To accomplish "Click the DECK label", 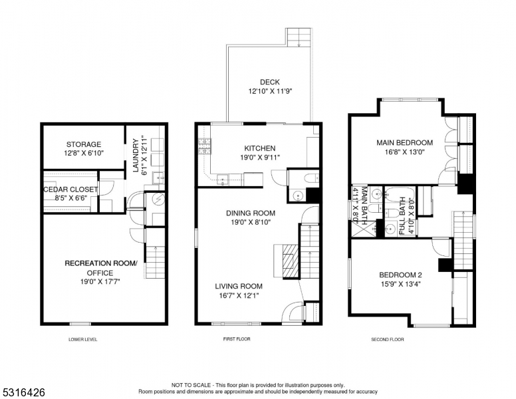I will [269, 82].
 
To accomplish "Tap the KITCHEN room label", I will [259, 148].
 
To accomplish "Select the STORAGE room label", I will [83, 144].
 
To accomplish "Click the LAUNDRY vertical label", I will [135, 156].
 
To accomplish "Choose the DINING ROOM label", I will [250, 213].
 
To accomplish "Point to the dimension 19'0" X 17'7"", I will [100, 281].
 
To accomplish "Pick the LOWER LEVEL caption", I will [83, 339].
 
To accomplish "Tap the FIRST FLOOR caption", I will [236, 339].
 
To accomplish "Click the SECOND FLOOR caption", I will [388, 339].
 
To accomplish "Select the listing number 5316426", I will [23, 392].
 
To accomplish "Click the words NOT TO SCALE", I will [192, 385].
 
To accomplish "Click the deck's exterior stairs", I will [299, 36].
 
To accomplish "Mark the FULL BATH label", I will [403, 215].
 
